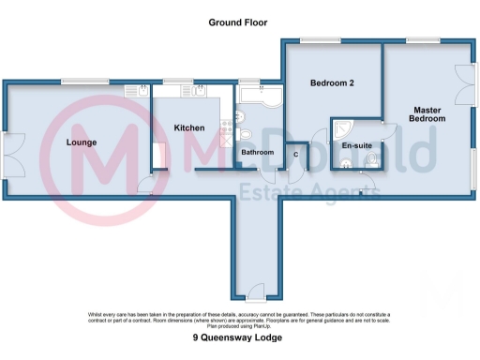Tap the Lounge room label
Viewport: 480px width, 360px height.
[82, 142]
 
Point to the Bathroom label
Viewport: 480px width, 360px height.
[256, 152]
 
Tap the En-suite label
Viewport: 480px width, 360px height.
[357, 147]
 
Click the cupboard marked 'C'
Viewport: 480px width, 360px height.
[296, 155]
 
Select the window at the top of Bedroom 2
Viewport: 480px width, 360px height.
[316, 39]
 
